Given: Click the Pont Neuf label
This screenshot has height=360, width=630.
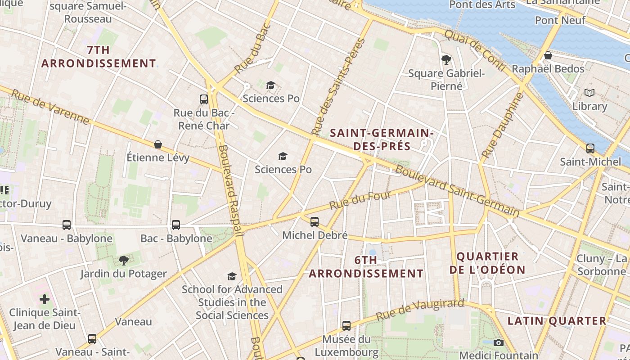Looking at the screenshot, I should [560, 20].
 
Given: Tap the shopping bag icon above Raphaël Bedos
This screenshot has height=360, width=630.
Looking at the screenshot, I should [548, 55].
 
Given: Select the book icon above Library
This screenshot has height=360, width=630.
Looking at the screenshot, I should [589, 93].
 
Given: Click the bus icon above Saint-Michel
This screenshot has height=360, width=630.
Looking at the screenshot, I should [590, 148].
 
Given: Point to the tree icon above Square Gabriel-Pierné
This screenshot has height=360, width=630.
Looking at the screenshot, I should [446, 59].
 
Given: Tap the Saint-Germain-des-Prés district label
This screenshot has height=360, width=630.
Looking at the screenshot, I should [382, 139].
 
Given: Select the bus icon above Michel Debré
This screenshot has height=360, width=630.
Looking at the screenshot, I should [315, 221].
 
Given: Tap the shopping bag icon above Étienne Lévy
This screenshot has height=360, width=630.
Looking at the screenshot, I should [158, 144].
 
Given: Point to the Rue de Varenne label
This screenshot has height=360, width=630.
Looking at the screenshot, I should [50, 107].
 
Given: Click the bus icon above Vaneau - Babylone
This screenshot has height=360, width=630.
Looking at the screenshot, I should [67, 225].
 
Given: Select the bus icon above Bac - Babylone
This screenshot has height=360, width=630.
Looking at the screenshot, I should [176, 225].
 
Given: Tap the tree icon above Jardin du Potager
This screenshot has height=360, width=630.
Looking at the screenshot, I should [123, 260].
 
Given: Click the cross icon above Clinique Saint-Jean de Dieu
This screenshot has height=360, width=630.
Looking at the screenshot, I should [45, 299].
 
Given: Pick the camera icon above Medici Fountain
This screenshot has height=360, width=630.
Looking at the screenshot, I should [498, 342].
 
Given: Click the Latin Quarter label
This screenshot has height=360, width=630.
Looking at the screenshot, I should [557, 321].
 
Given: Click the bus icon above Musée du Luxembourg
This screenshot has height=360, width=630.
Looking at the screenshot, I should [346, 325].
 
